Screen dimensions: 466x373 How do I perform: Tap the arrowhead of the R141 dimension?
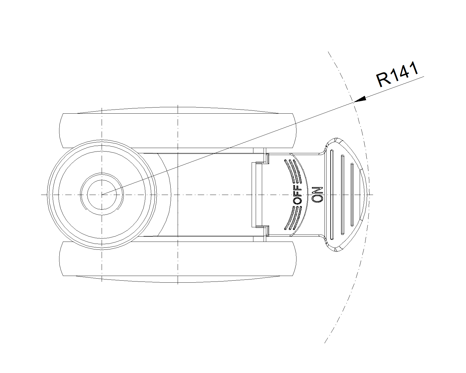click(360, 99)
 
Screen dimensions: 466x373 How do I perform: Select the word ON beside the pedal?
click(317, 194)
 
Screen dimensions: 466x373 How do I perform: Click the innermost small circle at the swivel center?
click(102, 195)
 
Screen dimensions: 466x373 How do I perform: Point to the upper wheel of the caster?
click(178, 131)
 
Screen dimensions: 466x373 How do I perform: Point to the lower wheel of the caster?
click(178, 258)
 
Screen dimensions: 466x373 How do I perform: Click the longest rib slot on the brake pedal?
click(332, 194)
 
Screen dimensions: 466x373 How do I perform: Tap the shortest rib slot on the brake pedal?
click(352, 194)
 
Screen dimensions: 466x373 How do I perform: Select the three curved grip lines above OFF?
click(293, 171)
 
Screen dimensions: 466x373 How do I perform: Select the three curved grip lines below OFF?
click(293, 218)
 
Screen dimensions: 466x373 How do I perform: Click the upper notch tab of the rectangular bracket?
click(262, 163)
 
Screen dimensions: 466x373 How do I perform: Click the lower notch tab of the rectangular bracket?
click(262, 227)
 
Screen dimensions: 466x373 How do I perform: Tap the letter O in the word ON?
click(317, 199)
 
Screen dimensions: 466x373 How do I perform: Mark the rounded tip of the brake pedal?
click(368, 194)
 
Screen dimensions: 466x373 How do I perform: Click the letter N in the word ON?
click(317, 191)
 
